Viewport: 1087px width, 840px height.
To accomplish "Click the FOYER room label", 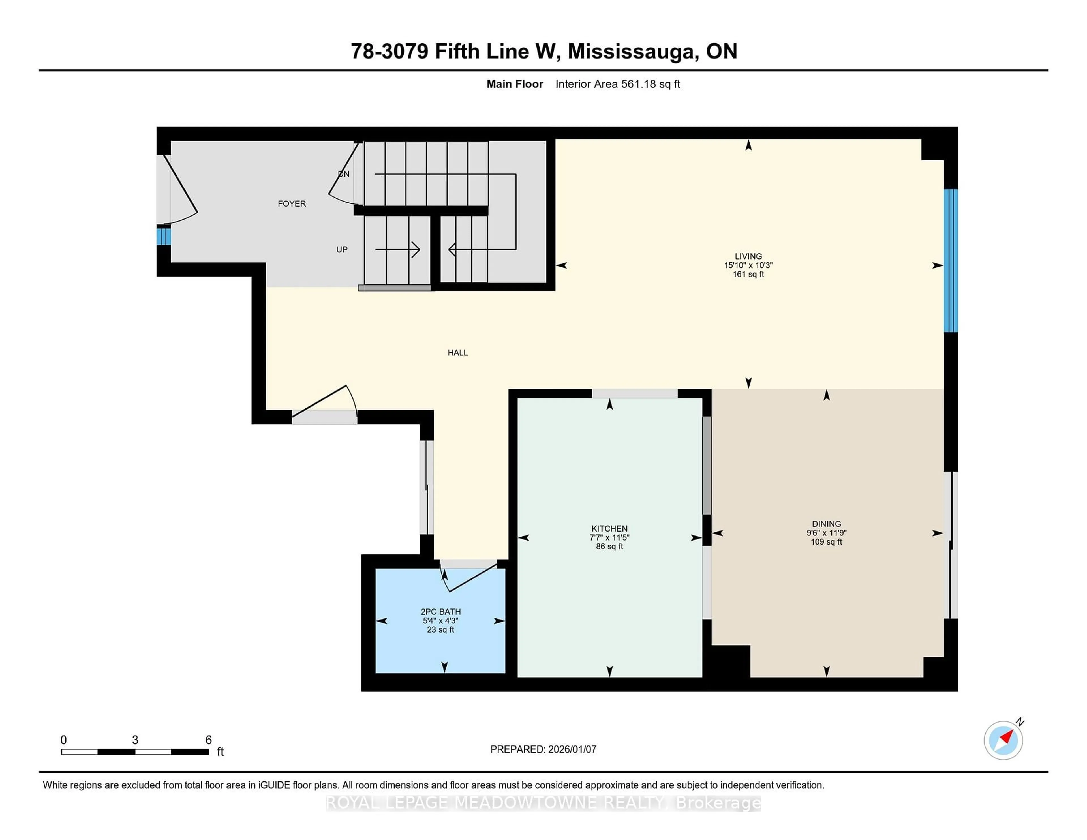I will pyautogui.click(x=292, y=203).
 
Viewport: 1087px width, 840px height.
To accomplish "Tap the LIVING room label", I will pyautogui.click(x=748, y=256).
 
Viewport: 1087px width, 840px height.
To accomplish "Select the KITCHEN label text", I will pyautogui.click(x=609, y=528).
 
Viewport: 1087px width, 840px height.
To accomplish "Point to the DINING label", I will pyautogui.click(x=826, y=524).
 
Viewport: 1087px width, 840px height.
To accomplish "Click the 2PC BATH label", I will pyautogui.click(x=440, y=612).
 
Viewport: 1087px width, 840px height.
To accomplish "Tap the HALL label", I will pyautogui.click(x=457, y=353).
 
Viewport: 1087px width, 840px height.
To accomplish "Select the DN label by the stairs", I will pyautogui.click(x=343, y=174).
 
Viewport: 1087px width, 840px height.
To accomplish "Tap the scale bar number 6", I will pyautogui.click(x=209, y=740).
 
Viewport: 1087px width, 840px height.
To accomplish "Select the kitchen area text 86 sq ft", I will pyautogui.click(x=609, y=547).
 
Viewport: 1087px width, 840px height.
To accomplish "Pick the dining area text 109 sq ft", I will pyautogui.click(x=826, y=542).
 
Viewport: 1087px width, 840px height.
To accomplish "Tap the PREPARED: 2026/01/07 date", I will pyautogui.click(x=543, y=749).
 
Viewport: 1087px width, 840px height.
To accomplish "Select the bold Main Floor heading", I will pyautogui.click(x=515, y=84).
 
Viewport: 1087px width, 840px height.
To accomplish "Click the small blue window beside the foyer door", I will pyautogui.click(x=163, y=236).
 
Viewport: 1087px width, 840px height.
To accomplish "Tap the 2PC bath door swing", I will pyautogui.click(x=470, y=578).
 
